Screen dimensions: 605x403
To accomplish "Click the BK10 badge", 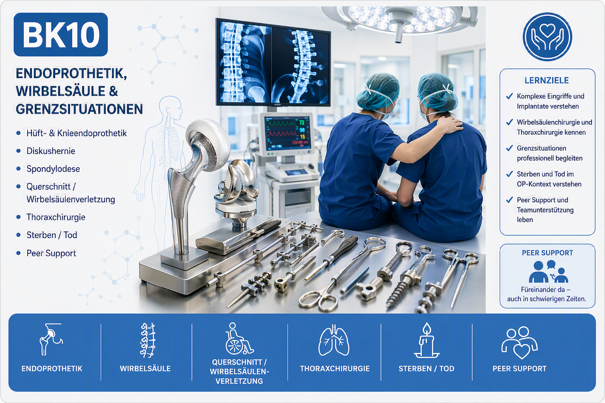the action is [x=61, y=35].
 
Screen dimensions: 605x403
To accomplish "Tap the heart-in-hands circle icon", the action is [x=547, y=37].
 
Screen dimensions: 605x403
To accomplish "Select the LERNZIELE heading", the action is [x=546, y=80].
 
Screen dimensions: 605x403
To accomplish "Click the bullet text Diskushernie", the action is [x=51, y=151].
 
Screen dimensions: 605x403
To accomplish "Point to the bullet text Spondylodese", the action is [x=53, y=169].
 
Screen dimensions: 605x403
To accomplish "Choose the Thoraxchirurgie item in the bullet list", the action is [x=56, y=217].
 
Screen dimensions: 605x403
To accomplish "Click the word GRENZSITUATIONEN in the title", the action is [x=79, y=109].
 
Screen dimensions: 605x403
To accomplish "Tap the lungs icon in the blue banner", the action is [x=334, y=340].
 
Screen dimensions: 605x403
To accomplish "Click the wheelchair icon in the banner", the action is [x=239, y=338].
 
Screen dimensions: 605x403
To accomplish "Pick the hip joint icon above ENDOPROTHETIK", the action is [x=51, y=339].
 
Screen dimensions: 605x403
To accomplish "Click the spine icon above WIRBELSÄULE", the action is [x=147, y=340].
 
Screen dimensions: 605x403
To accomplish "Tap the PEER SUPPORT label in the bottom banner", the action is [x=520, y=369].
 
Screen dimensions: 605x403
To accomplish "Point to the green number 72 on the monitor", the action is [x=301, y=123].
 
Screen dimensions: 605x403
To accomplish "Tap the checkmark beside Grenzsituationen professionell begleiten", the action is [x=509, y=148].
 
